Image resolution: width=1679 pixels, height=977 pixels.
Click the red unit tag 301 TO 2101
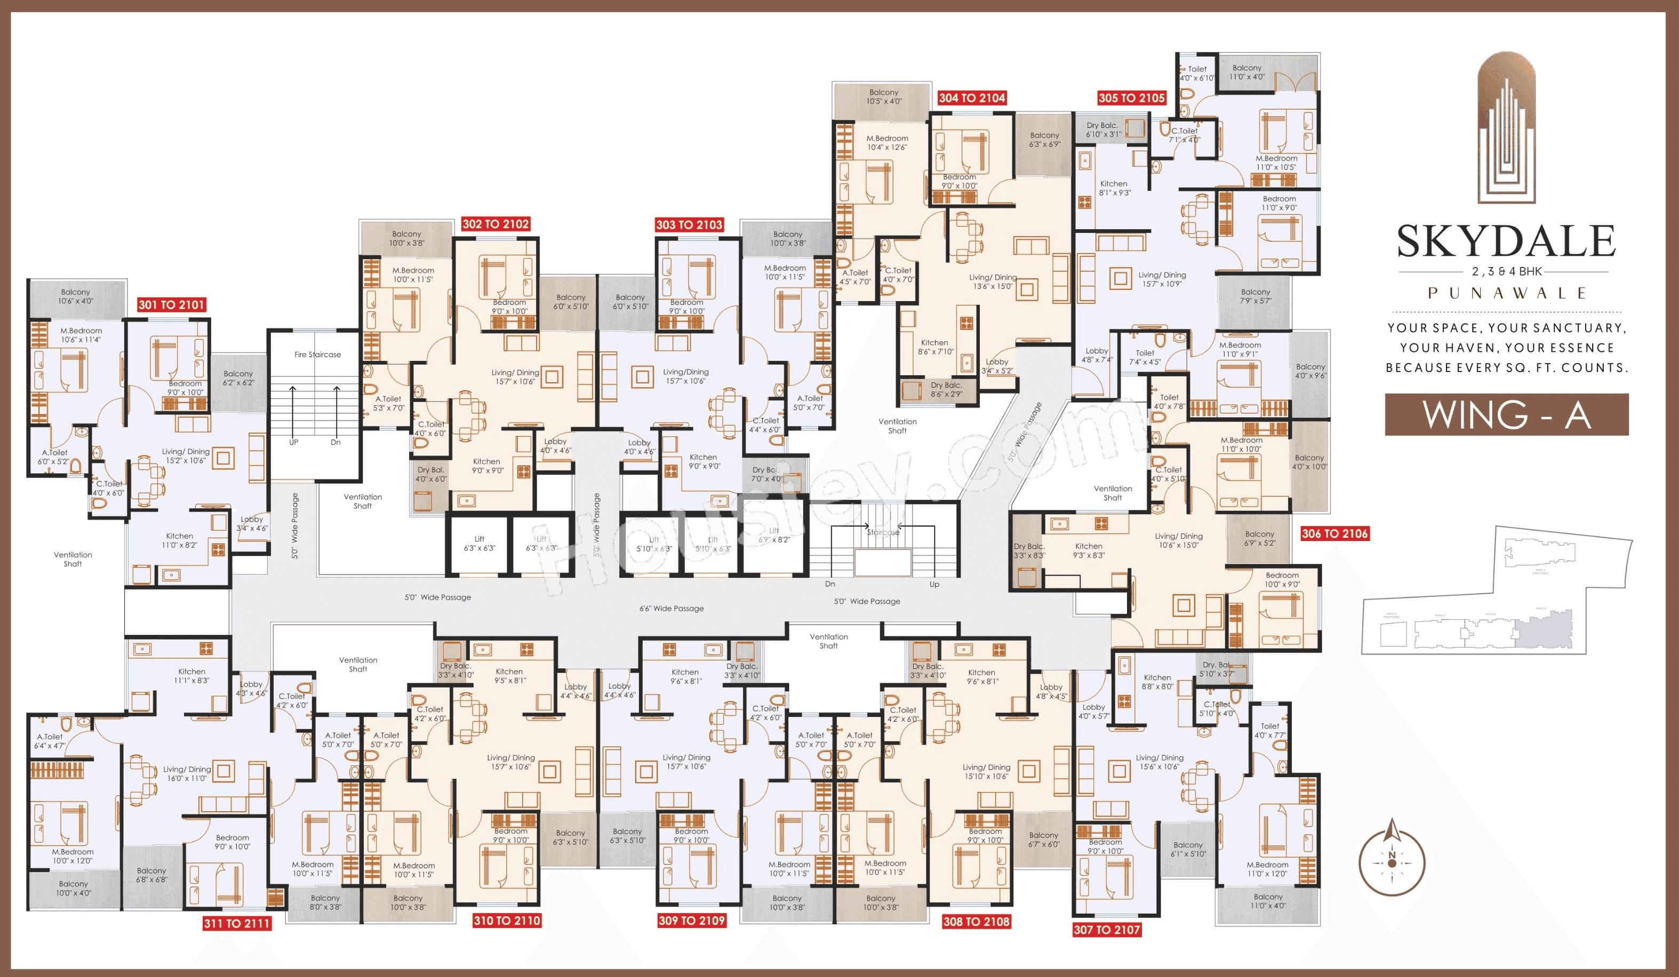(171, 305)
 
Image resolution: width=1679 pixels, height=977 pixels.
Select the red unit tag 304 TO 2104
(971, 98)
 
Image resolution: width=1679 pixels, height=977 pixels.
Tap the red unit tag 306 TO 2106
(1334, 534)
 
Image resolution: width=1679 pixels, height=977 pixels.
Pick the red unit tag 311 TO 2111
(236, 923)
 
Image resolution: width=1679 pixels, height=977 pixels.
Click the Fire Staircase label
(317, 354)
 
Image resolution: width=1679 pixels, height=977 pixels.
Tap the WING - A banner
(1506, 414)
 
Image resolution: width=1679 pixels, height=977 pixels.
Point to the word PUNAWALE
(1506, 293)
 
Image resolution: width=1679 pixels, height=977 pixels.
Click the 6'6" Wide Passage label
(671, 608)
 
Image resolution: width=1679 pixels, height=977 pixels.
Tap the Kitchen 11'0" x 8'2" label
(179, 540)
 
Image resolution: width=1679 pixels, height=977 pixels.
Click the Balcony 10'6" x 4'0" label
(75, 296)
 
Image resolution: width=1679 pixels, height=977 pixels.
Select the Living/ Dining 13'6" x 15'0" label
(993, 282)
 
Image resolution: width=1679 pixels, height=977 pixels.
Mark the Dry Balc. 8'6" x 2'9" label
(946, 390)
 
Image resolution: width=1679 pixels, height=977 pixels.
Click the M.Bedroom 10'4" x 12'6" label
(887, 142)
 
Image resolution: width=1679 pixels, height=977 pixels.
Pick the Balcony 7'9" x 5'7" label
(1256, 296)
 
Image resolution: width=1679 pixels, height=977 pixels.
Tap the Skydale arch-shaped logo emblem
(1506, 126)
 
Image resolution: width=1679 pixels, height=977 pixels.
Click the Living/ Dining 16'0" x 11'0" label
(187, 773)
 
